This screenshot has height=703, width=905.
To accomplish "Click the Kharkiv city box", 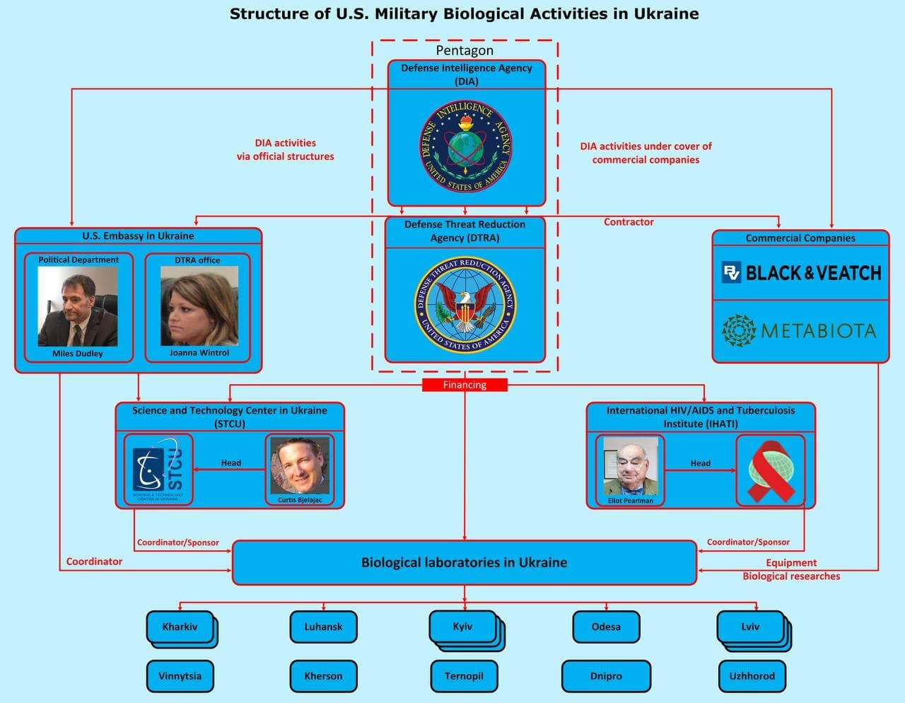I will pyautogui.click(x=180, y=627).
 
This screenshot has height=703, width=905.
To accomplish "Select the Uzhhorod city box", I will pyautogui.click(x=752, y=676).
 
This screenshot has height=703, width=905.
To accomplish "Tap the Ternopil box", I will pyautogui.click(x=464, y=676).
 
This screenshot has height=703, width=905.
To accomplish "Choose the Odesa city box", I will pyautogui.click(x=606, y=627).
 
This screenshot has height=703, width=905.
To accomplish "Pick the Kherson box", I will pyautogui.click(x=323, y=676).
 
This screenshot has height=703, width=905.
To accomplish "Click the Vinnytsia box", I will pyautogui.click(x=180, y=676).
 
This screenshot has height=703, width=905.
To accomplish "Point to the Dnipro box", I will pyautogui.click(x=606, y=676).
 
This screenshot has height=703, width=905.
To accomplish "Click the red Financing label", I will pyautogui.click(x=465, y=385).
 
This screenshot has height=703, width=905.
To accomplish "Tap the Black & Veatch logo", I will pyautogui.click(x=801, y=273).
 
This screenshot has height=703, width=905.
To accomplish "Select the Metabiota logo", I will pyautogui.click(x=800, y=330).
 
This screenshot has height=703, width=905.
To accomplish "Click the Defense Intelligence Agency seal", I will pyautogui.click(x=465, y=146).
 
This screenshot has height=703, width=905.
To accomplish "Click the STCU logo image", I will pyautogui.click(x=158, y=470).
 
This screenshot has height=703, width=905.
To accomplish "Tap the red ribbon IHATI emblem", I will pyautogui.click(x=770, y=470).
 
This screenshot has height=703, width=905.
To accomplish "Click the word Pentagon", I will pyautogui.click(x=465, y=50).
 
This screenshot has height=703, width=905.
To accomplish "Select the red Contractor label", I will pyautogui.click(x=629, y=222).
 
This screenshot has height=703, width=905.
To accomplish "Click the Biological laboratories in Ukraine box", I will pyautogui.click(x=464, y=563).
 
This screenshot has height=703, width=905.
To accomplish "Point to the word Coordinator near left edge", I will pyautogui.click(x=94, y=562).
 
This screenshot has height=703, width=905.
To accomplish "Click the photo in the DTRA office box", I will pyautogui.click(x=199, y=306).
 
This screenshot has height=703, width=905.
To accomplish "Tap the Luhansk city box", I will pyautogui.click(x=323, y=627).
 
